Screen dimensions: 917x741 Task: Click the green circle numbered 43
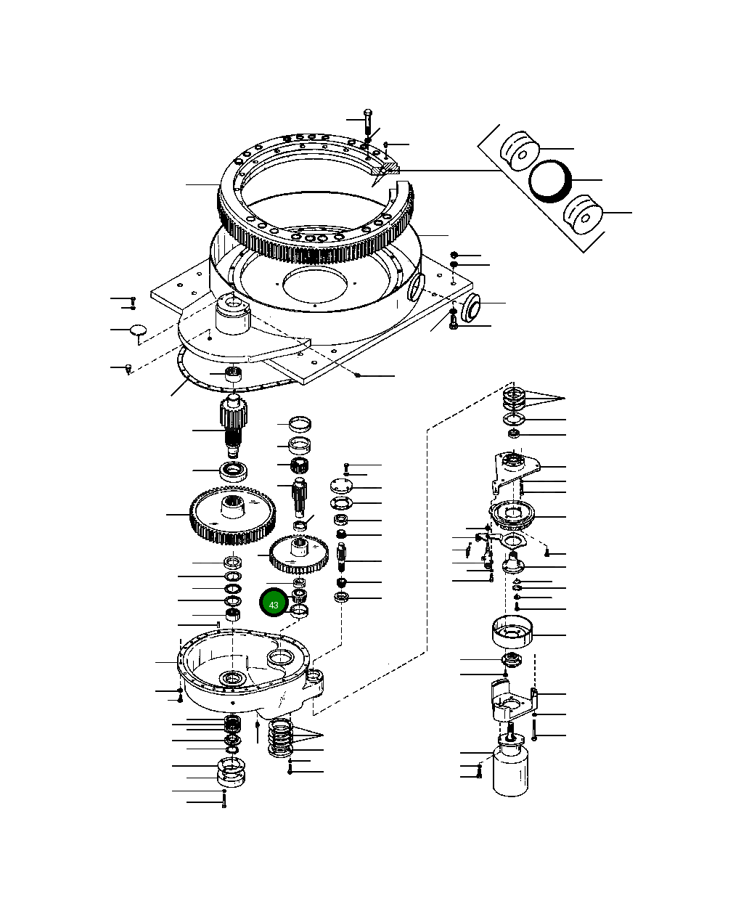click(274, 604)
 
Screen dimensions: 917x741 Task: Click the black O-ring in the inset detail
click(551, 180)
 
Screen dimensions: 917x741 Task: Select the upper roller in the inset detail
click(520, 151)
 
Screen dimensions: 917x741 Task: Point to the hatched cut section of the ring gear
click(385, 170)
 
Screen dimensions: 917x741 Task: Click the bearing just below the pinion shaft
click(234, 470)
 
